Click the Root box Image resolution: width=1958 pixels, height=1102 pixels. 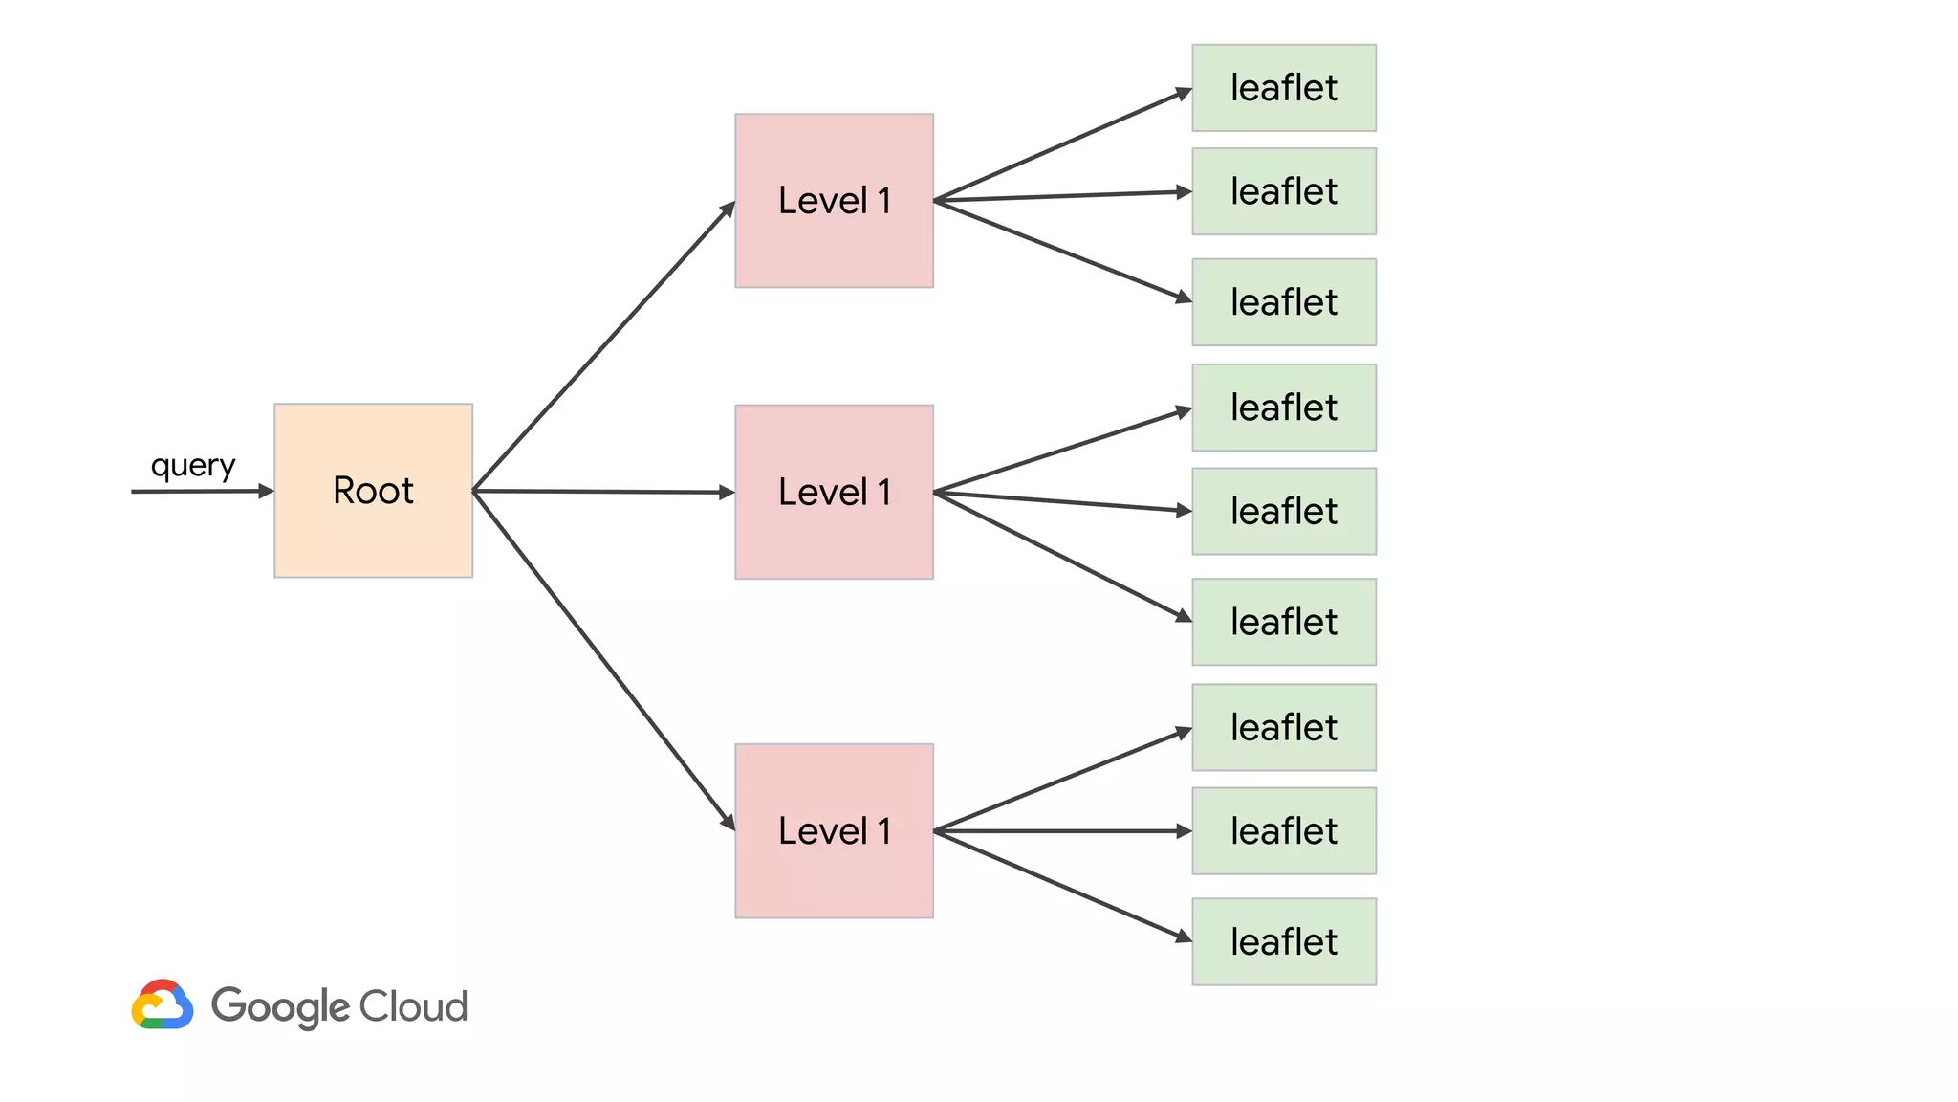[x=373, y=491]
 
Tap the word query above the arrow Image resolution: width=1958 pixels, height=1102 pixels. [x=193, y=466]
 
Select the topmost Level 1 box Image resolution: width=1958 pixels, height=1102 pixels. [x=834, y=201]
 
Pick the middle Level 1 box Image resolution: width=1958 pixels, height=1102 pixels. [x=834, y=492]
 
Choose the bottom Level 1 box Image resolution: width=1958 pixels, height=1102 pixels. [x=834, y=830]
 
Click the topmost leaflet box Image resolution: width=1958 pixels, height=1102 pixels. [x=1283, y=88]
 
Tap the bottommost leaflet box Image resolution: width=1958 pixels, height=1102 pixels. [x=1283, y=941]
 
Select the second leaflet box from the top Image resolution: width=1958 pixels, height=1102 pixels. [x=1283, y=191]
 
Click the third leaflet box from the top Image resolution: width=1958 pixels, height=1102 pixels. [x=1283, y=302]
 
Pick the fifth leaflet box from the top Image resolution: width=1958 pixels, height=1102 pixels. [x=1283, y=511]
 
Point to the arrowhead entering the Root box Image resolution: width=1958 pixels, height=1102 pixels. [x=266, y=491]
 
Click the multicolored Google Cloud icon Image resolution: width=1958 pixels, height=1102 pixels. [x=163, y=1004]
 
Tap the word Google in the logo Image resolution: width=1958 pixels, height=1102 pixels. [x=280, y=1006]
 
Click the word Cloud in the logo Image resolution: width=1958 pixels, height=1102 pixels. [x=413, y=1006]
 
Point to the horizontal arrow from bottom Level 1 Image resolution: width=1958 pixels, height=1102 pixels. [x=1061, y=831]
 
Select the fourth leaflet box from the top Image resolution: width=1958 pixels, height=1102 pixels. [x=1283, y=408]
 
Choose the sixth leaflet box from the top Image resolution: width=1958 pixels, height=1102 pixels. [x=1283, y=622]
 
